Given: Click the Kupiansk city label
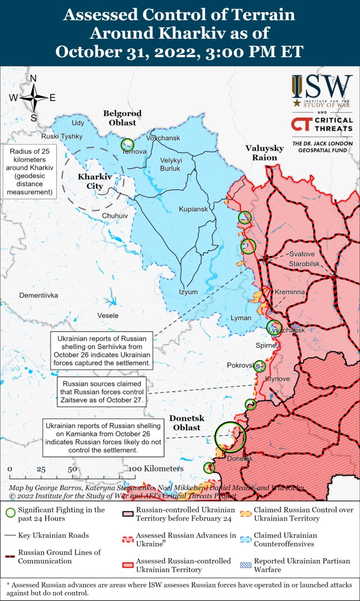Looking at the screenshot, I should coord(193,209).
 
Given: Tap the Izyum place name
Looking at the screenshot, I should coord(188,292).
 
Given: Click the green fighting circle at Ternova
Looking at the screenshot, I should coord(127,144).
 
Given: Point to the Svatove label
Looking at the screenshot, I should coord(301,254).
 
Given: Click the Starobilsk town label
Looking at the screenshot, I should coord(304,264).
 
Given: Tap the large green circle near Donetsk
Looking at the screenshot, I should coord(230,436).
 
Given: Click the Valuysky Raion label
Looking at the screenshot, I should coord(264,153).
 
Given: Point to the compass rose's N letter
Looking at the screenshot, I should coord(33,79).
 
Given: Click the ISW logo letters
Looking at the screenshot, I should coord(322,87).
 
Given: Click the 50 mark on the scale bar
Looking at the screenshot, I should coord(72,469).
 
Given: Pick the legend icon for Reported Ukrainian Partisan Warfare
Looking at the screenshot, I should coord(246,565).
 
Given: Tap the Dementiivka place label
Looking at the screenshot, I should coord(38,296).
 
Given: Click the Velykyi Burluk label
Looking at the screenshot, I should coord(171,164).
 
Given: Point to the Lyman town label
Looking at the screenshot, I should coord(241,318).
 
